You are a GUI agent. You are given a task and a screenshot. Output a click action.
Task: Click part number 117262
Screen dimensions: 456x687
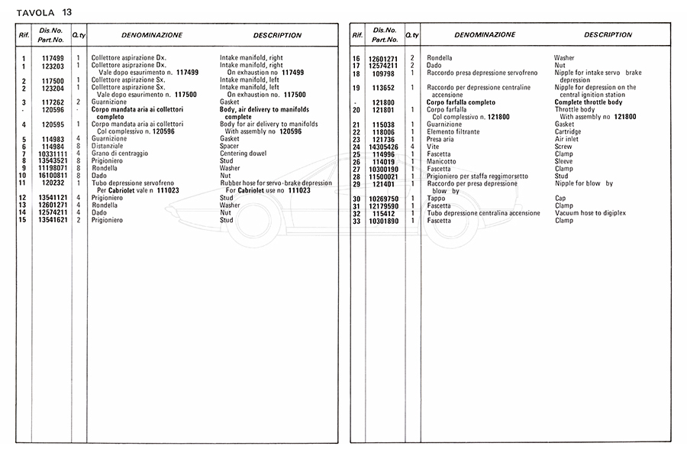point(52,102)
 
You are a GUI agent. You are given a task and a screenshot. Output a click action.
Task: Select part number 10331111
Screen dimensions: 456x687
point(52,154)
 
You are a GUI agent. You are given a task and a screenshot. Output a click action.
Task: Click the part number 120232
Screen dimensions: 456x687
point(52,183)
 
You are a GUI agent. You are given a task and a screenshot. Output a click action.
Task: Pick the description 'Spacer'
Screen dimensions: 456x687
point(230,146)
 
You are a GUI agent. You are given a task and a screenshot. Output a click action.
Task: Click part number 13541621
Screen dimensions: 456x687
point(52,220)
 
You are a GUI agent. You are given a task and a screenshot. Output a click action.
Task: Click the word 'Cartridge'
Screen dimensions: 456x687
point(569,131)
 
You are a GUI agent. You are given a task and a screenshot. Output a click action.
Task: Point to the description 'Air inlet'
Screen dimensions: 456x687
point(567,139)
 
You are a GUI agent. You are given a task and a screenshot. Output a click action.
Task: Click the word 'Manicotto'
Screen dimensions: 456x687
point(441,161)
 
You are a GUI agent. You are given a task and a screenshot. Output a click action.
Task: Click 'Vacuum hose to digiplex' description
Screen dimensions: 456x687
point(592,213)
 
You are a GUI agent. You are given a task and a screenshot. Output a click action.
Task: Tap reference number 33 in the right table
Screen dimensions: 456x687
point(356,221)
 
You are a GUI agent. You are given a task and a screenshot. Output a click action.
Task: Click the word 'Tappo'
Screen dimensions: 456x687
point(435,199)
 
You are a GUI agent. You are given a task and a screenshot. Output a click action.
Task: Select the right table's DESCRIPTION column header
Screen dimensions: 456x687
point(608,35)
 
